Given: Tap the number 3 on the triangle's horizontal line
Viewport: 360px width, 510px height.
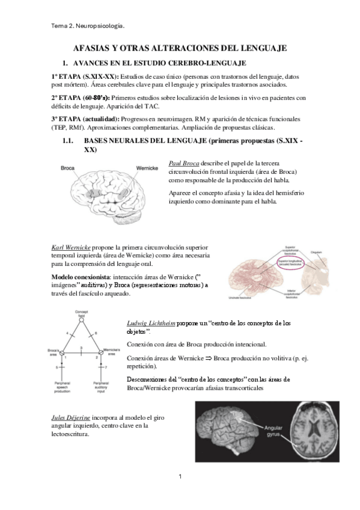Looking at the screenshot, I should click(81, 348).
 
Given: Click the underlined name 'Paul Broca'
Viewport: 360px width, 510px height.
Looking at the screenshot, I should click(184, 164).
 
